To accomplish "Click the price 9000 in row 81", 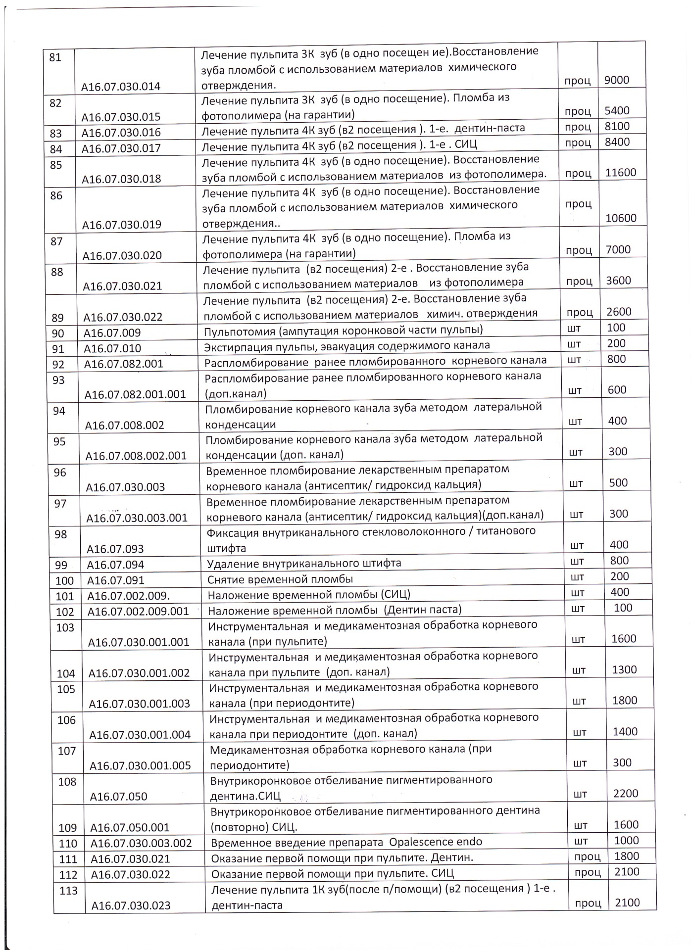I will click(616, 80).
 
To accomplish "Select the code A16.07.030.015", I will click(121, 117).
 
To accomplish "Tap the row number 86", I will click(56, 196).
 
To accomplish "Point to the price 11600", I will click(621, 173).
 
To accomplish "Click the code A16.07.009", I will click(112, 333).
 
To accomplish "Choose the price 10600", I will click(621, 218).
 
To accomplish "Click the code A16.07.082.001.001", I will click(135, 394).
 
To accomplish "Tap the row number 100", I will click(64, 580).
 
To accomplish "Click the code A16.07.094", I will click(115, 565).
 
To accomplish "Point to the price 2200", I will click(626, 793).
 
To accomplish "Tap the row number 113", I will click(68, 891).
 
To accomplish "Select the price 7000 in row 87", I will click(618, 250).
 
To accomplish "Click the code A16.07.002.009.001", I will click(138, 612).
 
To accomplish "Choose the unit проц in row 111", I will click(588, 856).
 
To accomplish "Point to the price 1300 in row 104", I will click(624, 670).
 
